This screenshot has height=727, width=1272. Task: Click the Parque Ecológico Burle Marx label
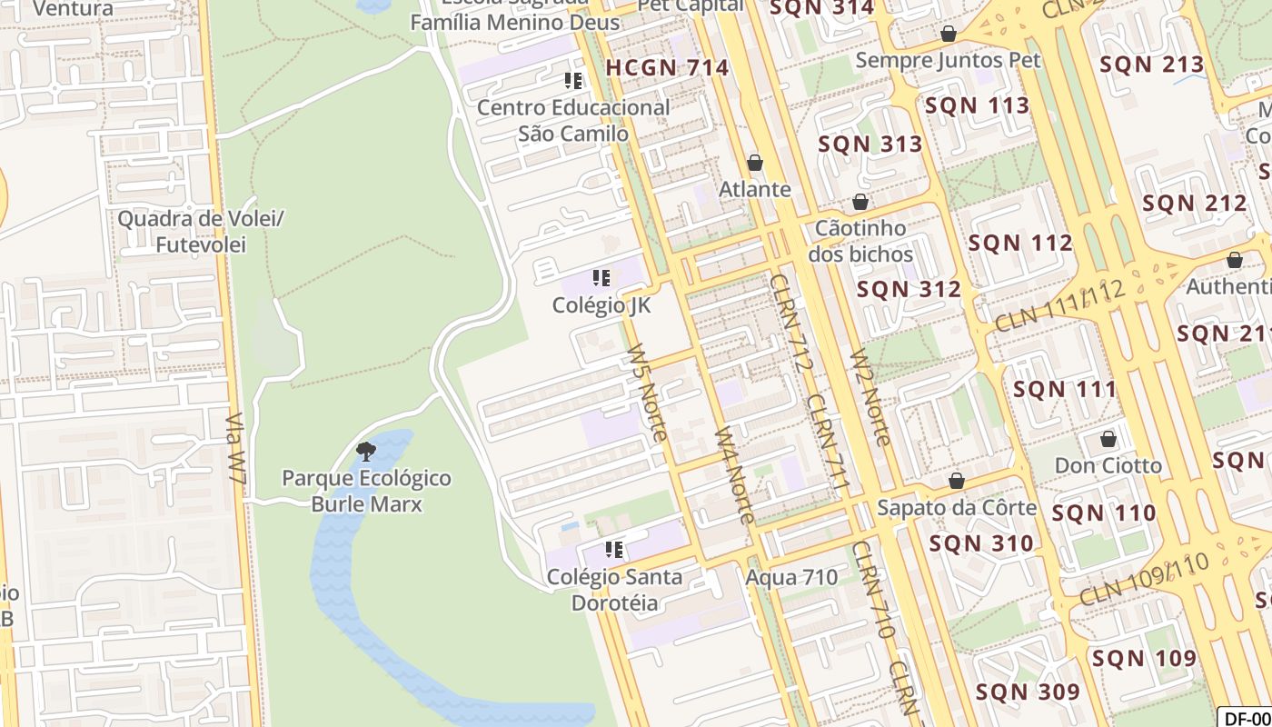point(367,491)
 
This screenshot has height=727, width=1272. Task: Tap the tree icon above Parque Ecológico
point(366,451)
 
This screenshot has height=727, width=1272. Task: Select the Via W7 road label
point(236,453)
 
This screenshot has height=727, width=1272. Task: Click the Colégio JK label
point(601,305)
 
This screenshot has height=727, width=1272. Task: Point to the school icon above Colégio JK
point(601,278)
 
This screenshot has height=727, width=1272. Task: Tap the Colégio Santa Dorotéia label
point(614,590)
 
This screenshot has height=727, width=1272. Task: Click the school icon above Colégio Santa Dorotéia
point(614,550)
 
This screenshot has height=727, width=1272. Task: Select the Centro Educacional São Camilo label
point(573,120)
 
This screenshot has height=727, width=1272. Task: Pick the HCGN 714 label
point(668,67)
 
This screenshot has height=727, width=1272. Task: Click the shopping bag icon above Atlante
point(755,163)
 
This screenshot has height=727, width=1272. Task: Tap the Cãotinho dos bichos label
point(860,240)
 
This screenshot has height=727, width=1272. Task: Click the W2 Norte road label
point(870,397)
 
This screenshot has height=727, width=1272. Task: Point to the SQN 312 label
point(909,289)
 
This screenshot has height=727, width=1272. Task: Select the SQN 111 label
point(1065,389)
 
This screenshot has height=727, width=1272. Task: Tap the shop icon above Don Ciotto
point(1108,440)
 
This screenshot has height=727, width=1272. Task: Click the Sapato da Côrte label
point(957,507)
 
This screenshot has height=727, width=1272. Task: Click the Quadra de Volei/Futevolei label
point(201,232)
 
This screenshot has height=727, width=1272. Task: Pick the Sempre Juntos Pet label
point(949,61)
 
